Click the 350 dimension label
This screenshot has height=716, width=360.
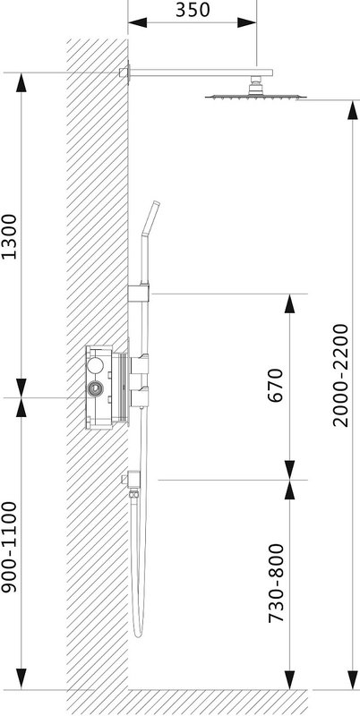pos(193,10)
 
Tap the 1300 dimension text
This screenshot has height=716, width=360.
pos(9,236)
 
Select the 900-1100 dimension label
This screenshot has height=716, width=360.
pos(9,547)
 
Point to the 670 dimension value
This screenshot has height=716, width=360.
pos(276,385)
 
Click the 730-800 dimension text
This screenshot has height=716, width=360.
pos(276,584)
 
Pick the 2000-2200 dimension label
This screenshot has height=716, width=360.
pos(340,375)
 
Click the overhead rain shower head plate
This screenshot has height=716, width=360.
pos(256,97)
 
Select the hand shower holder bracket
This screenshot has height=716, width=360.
pos(139,294)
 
